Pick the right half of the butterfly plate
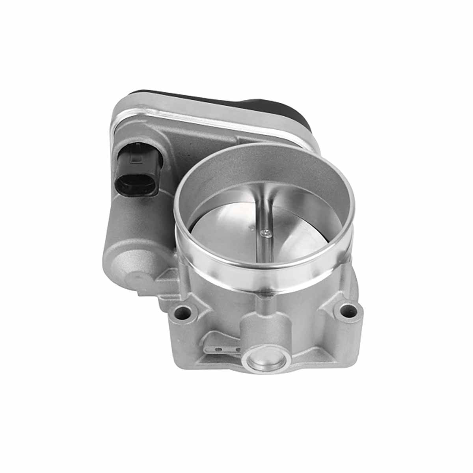(300, 233)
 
